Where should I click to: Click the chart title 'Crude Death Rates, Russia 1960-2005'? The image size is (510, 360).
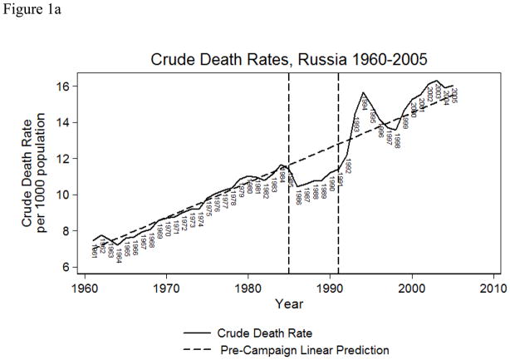[288, 60]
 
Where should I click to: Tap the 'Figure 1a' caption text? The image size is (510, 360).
[31, 9]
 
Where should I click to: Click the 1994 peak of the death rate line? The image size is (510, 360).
[363, 93]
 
